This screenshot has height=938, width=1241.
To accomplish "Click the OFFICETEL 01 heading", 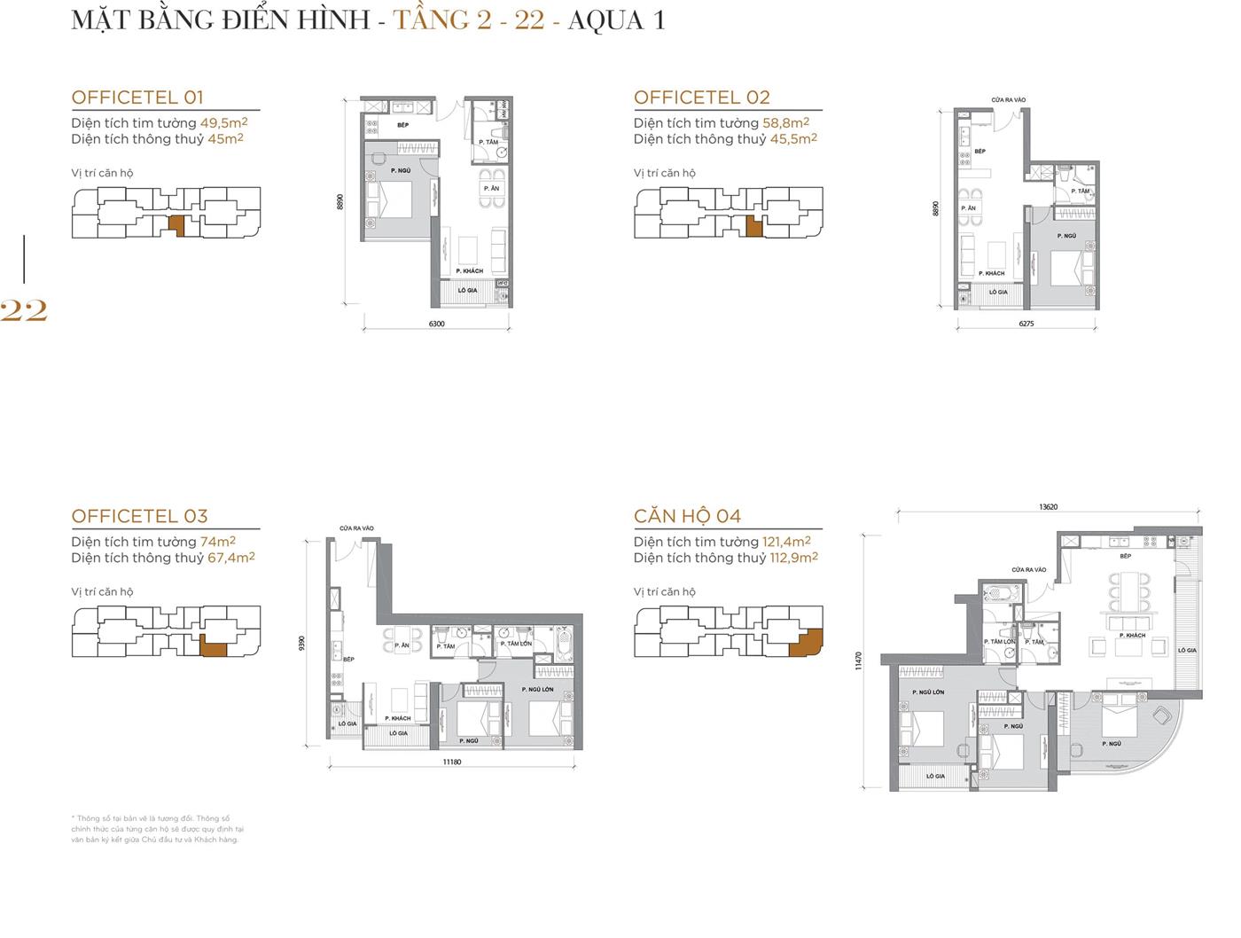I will (137, 98).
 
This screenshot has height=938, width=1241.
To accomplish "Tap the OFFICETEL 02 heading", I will (701, 98).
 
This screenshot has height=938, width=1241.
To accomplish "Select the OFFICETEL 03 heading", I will (139, 516).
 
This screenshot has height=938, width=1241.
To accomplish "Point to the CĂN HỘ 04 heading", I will (687, 516).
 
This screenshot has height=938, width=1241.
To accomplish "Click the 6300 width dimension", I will (436, 324).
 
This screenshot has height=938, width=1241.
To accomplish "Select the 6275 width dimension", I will (1026, 324).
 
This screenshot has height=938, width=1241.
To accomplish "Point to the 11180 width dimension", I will (452, 762).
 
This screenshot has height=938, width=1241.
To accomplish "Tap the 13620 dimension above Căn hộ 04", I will (1049, 507).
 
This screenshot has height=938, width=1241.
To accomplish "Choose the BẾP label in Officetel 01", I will (402, 125).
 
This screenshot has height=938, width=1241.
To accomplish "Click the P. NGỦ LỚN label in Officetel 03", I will (537, 689).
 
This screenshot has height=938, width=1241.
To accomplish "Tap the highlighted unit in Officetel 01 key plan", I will (176, 224).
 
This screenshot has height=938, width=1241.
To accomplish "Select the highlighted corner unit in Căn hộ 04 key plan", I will (805, 643).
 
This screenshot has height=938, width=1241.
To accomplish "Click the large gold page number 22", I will (24, 310).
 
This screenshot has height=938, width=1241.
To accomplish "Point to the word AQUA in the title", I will (602, 20).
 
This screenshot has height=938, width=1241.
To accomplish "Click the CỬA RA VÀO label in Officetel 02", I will (1008, 99).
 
